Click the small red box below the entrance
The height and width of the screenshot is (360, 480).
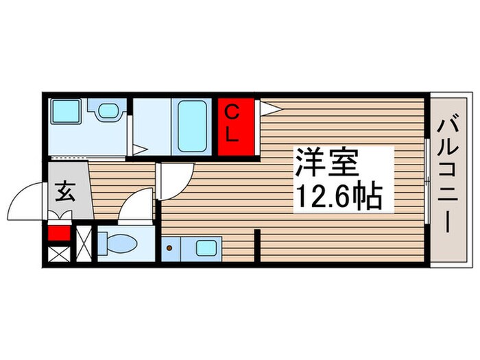click(x=59, y=233)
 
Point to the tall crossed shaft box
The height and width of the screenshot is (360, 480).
click(x=84, y=244)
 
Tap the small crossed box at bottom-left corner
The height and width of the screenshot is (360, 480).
click(x=59, y=256)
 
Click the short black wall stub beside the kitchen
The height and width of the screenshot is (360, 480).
click(x=259, y=248)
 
